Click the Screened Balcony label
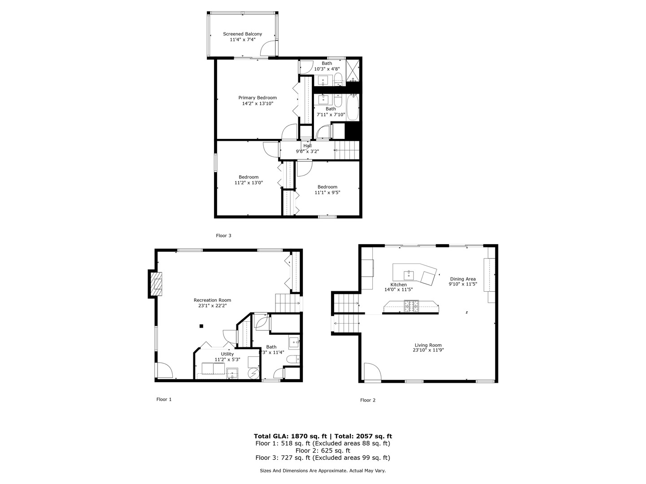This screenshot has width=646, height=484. pos(242,34)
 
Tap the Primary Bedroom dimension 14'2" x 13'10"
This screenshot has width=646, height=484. pos(258,104)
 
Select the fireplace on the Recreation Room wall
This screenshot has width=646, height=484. pos(156,284)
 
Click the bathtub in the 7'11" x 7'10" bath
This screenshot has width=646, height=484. pos(353,108)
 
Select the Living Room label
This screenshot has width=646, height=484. pos(428,345)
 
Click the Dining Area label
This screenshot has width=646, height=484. pos(463,279)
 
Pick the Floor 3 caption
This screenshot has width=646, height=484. pos(223,235)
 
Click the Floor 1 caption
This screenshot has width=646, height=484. pos(164,399)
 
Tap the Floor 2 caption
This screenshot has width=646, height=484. pos(367,400)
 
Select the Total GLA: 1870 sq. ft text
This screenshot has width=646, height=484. pos(290,436)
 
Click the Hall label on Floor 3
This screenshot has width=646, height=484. pos(307,146)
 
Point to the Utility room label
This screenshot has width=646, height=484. pos(227,354)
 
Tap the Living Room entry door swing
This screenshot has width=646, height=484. pos(372,372)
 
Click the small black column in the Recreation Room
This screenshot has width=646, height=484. pos(202,326)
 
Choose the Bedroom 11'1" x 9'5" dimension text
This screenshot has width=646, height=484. pos(327,193)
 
